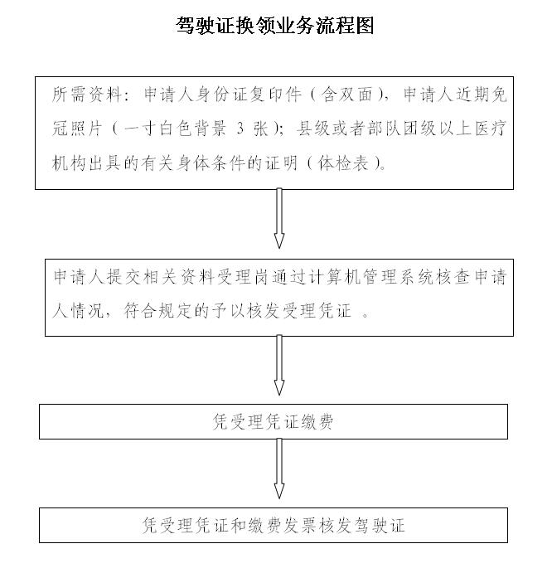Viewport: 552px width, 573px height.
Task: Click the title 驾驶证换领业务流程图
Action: tap(275, 26)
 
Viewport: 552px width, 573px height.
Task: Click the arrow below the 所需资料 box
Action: tap(279, 219)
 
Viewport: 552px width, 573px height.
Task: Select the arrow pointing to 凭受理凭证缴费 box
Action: tap(279, 365)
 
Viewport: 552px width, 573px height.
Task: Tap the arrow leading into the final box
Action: tap(279, 469)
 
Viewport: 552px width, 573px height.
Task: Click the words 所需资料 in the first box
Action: tap(86, 95)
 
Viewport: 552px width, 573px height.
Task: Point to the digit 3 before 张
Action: tap(240, 129)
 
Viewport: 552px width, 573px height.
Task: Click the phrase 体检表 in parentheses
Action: tap(343, 163)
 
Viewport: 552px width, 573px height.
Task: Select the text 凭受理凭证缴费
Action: tap(273, 422)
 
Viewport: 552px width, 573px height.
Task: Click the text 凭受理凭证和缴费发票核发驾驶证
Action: tap(274, 526)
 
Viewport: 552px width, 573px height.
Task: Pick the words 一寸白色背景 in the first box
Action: tap(175, 129)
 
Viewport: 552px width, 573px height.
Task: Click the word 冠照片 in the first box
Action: tap(77, 129)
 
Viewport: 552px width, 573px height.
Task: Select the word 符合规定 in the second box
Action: tap(158, 311)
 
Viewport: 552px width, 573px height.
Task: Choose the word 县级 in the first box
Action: tap(313, 129)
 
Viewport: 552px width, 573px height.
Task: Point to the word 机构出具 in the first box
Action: tap(86, 163)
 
